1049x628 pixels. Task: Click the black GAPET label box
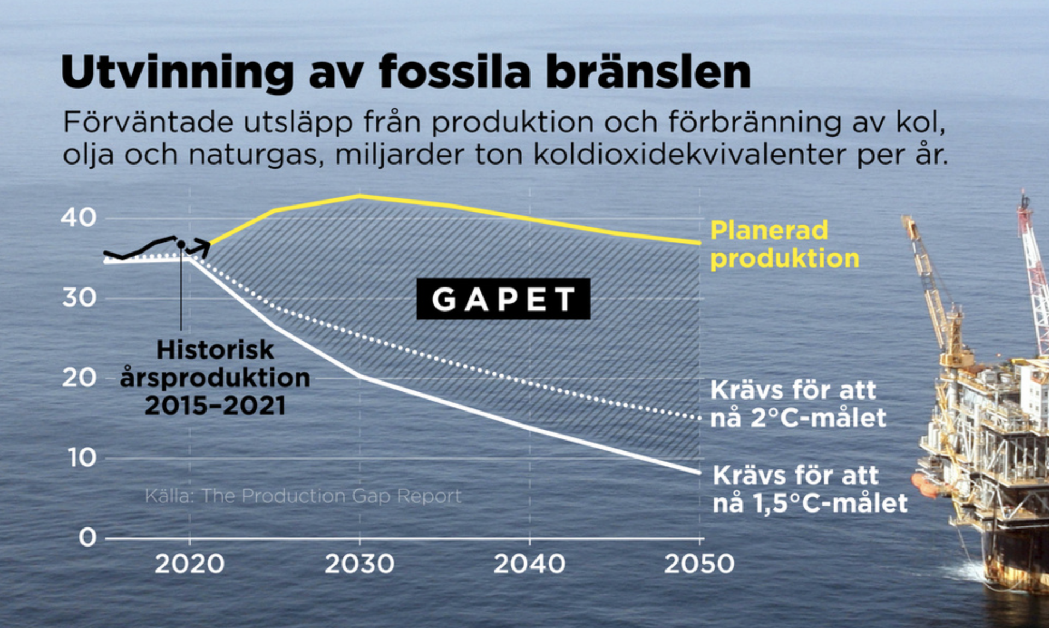click(x=503, y=298)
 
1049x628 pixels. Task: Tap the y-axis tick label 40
click(x=78, y=218)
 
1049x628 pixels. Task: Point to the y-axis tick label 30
click(x=79, y=298)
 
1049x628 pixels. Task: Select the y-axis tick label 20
click(x=79, y=378)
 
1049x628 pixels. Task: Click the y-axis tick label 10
click(x=82, y=457)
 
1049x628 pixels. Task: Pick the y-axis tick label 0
click(x=87, y=537)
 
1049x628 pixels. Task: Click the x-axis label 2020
click(x=190, y=564)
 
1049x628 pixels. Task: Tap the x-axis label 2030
click(x=360, y=564)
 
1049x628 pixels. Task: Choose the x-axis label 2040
click(x=529, y=564)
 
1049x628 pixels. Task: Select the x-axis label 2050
click(x=699, y=564)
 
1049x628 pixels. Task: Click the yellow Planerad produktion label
click(x=785, y=244)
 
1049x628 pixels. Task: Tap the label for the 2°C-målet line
click(x=798, y=404)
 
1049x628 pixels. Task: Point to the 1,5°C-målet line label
click(x=810, y=490)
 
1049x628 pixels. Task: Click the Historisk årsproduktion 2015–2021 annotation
click(x=215, y=378)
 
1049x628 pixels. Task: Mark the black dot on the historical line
click(x=181, y=244)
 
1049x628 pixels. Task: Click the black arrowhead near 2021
click(x=203, y=248)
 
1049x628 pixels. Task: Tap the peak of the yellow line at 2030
click(x=359, y=196)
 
